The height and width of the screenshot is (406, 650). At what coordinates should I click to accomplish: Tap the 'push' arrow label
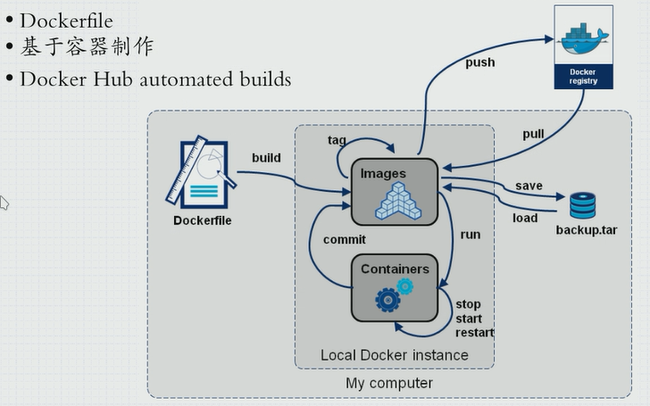479,62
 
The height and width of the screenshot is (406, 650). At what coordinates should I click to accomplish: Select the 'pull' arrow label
533,134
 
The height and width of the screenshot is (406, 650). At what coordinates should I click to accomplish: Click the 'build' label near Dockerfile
266,158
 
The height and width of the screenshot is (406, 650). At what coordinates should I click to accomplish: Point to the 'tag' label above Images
337,140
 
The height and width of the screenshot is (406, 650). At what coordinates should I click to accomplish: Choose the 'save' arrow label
529,186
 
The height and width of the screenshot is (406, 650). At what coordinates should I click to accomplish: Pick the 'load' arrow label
525,218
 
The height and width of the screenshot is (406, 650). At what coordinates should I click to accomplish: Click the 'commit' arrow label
345,240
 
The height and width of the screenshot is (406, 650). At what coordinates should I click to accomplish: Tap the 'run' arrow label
470,235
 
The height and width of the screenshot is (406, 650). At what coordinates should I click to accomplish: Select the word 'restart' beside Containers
475,333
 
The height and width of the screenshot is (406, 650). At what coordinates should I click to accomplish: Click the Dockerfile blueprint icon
201,170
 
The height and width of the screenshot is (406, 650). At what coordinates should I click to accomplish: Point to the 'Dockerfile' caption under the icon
203,220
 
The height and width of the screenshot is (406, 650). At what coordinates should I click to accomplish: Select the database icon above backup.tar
582,205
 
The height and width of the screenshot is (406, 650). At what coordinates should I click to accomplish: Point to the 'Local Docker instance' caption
394,355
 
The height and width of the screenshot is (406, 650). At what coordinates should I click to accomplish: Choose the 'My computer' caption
389,383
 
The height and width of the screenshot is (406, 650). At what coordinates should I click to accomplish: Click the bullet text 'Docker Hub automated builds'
155,79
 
